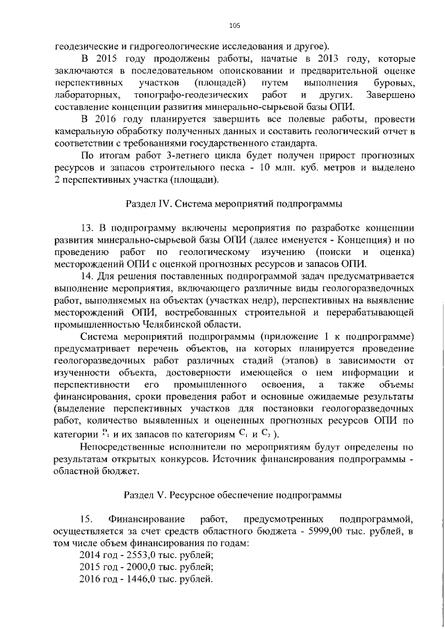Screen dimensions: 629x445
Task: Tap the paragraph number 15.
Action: (86, 519)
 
